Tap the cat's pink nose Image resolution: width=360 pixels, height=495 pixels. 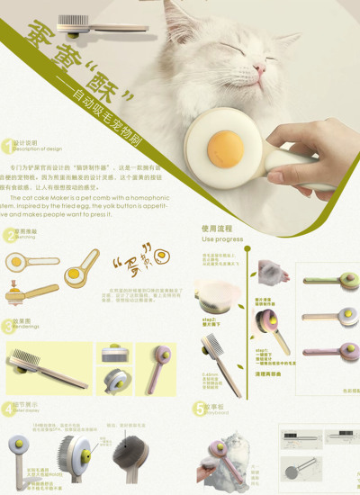click(259, 68)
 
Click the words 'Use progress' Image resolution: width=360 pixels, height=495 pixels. click(222, 240)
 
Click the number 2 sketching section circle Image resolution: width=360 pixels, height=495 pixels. click(8, 236)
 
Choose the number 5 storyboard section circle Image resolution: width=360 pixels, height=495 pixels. click(200, 409)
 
